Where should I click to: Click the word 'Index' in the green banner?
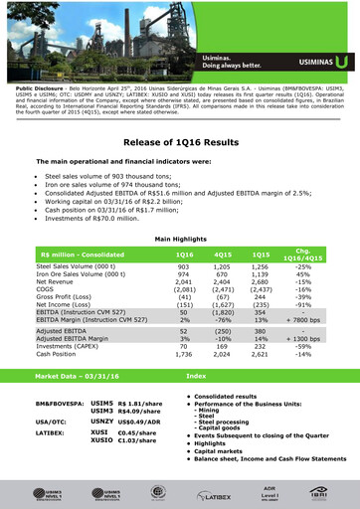(196, 376)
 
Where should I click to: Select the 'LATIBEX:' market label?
(51, 433)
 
